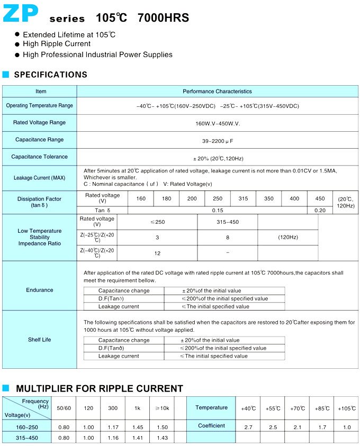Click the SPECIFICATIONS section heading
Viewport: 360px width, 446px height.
pyautogui.click(x=50, y=75)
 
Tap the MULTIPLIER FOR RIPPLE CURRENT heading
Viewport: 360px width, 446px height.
pyautogui.click(x=100, y=388)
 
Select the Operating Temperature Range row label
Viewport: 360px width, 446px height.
pyautogui.click(x=40, y=106)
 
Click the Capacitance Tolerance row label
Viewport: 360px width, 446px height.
pyautogui.click(x=40, y=157)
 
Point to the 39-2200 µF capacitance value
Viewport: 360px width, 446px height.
pyautogui.click(x=218, y=140)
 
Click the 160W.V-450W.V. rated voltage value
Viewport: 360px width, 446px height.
pyautogui.click(x=218, y=123)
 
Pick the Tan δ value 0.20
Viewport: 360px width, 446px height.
pyautogui.click(x=320, y=210)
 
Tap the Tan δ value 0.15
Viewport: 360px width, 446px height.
pyautogui.click(x=218, y=210)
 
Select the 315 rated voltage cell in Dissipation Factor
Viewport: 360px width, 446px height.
pyautogui.click(x=243, y=198)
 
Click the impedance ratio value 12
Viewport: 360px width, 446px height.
pyautogui.click(x=157, y=253)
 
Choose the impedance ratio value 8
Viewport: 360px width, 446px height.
pyautogui.click(x=228, y=238)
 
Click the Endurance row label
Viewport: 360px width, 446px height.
pyautogui.click(x=40, y=290)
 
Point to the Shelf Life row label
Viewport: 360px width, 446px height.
pyautogui.click(x=40, y=339)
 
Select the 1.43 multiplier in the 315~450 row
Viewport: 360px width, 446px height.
pyautogui.click(x=162, y=438)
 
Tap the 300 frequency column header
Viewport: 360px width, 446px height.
pyautogui.click(x=113, y=408)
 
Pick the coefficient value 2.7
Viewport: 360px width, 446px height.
pyautogui.click(x=248, y=426)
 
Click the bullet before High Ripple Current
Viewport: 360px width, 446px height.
pyautogui.click(x=17, y=45)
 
